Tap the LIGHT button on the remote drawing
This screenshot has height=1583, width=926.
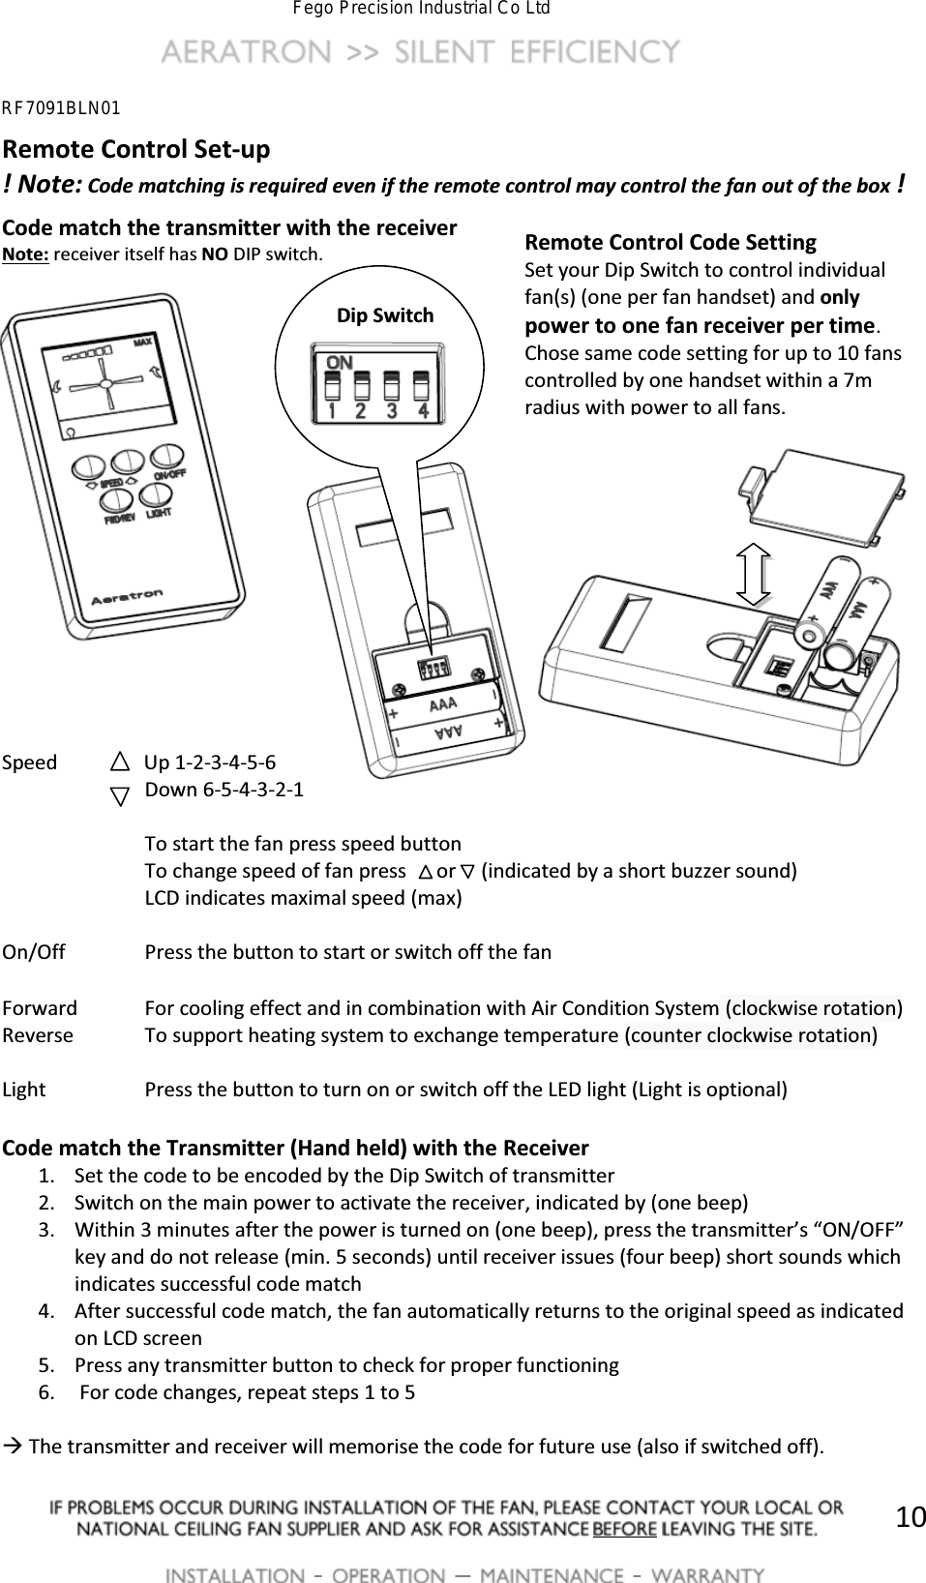point(155,494)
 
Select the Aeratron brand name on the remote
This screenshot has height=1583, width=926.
point(127,597)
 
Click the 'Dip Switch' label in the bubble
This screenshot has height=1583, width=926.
point(384,315)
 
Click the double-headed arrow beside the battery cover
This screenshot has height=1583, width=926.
point(752,573)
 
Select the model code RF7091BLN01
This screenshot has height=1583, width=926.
point(60,106)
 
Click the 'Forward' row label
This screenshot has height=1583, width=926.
point(40,1008)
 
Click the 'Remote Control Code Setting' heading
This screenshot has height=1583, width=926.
point(670,242)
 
